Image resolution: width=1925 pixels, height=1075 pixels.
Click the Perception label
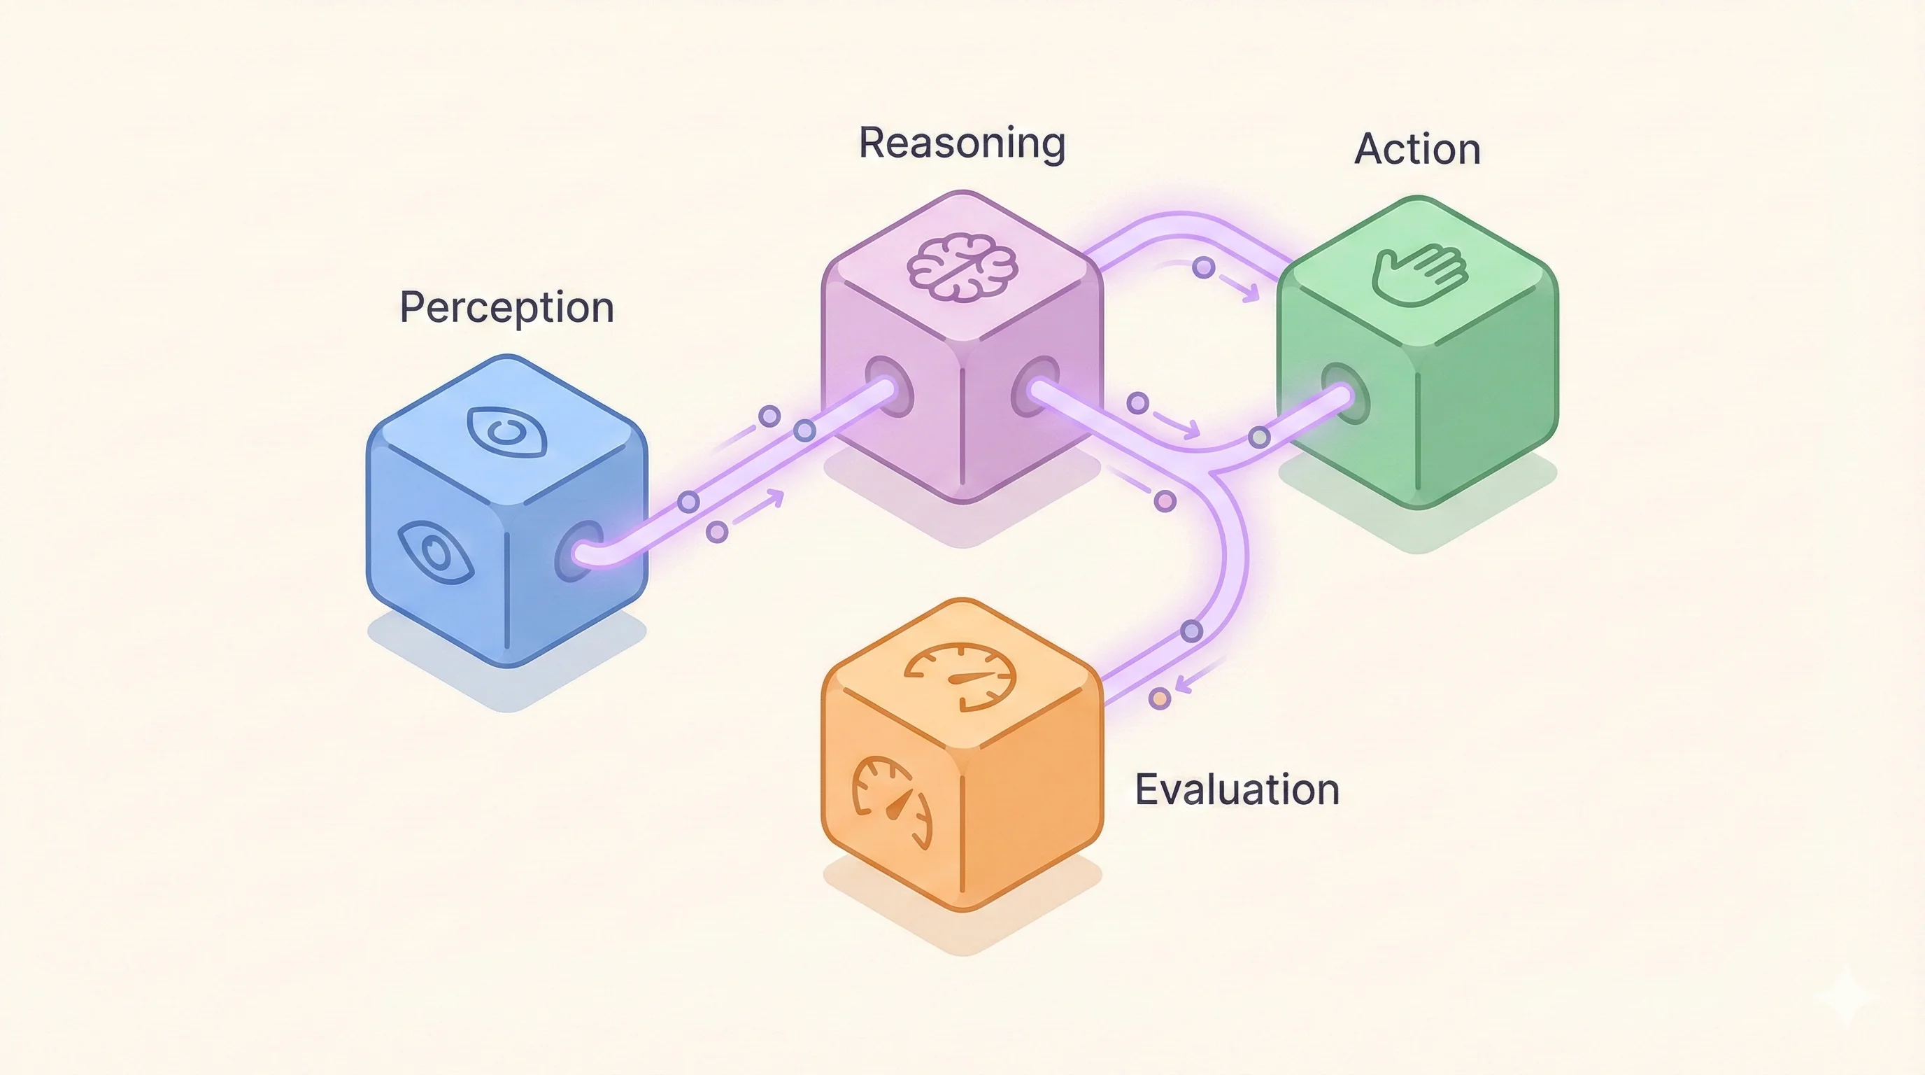pos(506,307)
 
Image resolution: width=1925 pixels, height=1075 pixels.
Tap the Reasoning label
pos(962,143)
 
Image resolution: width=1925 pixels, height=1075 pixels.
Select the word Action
pos(1417,149)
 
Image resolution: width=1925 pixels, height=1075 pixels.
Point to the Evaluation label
pos(1237,789)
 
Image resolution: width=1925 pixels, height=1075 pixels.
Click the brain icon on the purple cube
pos(963,267)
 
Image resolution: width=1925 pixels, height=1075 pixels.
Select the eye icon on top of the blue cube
pos(506,430)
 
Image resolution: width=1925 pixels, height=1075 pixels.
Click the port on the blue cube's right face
pos(578,551)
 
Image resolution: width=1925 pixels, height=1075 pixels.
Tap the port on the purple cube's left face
pos(889,386)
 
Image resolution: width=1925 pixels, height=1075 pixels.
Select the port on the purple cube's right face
pos(1035,386)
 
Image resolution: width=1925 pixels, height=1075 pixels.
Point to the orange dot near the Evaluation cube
pos(1159,699)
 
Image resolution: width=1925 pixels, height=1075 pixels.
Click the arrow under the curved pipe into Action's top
pos(1240,290)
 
